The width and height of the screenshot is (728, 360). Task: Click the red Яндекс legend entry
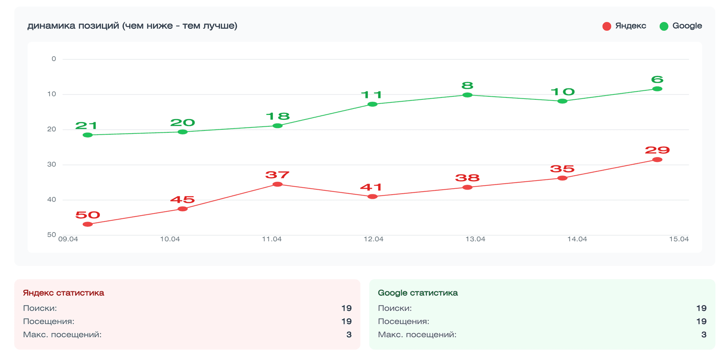[x=624, y=26]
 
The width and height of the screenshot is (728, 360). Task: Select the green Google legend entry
[x=681, y=26]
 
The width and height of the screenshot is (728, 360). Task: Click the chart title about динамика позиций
[x=132, y=26]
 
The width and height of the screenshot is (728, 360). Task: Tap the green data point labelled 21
[x=88, y=135]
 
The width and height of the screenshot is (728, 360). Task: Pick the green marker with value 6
[x=657, y=89]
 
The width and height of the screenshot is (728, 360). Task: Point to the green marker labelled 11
[x=372, y=104]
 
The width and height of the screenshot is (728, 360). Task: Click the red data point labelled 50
[x=88, y=224]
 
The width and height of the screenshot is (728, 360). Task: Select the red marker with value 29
[x=657, y=160]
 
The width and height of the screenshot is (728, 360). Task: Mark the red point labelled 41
[x=372, y=197]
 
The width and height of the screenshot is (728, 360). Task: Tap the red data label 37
[x=277, y=175]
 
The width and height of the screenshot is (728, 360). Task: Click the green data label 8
[x=467, y=86]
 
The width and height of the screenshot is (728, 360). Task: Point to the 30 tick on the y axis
[x=52, y=164]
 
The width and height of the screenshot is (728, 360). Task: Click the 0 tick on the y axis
[x=54, y=59]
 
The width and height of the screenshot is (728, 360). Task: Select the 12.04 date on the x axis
[x=373, y=239]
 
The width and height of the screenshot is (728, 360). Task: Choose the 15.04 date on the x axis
[x=678, y=239]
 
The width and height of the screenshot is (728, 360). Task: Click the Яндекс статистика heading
[x=63, y=293]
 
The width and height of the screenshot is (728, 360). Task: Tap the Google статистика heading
[x=417, y=293]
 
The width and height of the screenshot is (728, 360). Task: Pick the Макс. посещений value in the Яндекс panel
[x=348, y=335]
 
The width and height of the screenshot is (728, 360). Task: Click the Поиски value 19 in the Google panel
[x=701, y=308]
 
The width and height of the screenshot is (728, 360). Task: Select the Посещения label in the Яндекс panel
[x=49, y=321]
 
